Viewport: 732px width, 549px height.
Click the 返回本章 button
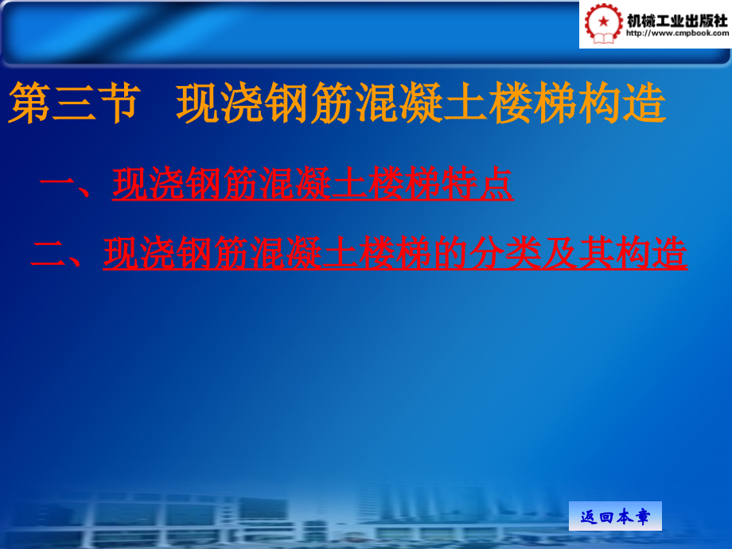(x=615, y=516)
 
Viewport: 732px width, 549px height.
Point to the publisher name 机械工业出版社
(x=677, y=18)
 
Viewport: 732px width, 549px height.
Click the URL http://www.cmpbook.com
(x=677, y=34)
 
